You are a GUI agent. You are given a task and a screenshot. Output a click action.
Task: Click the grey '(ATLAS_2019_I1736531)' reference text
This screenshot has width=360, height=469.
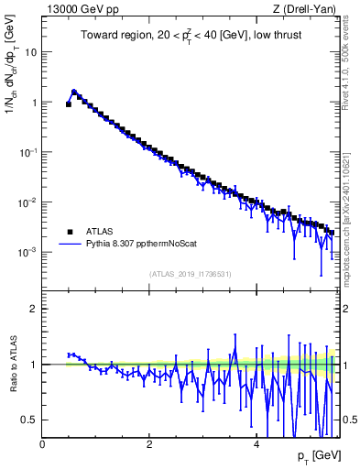click(189, 274)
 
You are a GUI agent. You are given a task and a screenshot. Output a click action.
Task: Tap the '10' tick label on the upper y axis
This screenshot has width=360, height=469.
click(30, 52)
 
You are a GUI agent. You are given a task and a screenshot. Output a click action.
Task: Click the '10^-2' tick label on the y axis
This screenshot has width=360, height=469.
click(27, 202)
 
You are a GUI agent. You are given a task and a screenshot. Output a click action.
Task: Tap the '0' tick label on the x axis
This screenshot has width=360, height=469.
click(42, 444)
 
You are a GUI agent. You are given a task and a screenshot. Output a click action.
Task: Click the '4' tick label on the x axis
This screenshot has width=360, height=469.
click(256, 444)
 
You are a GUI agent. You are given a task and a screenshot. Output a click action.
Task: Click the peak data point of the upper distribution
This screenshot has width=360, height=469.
click(74, 93)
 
